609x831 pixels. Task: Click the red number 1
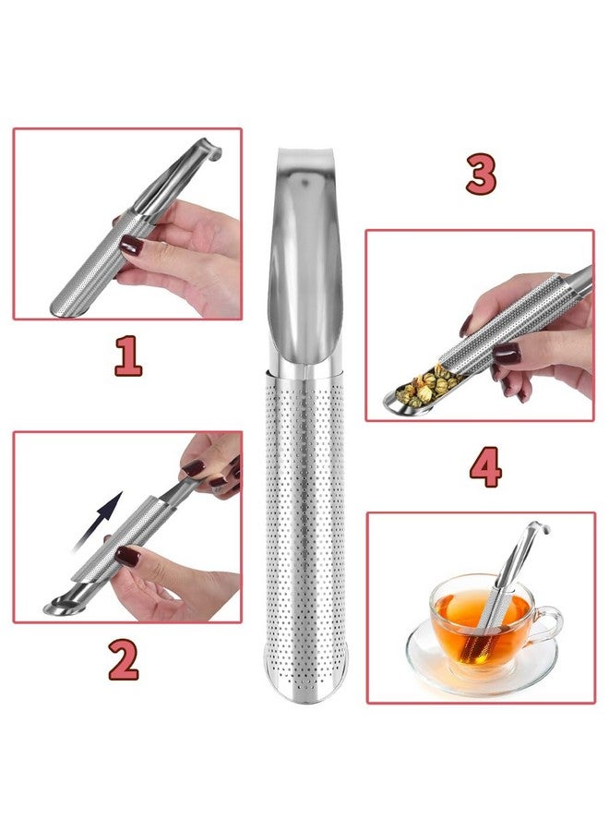[127, 356]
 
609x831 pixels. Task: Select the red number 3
[481, 175]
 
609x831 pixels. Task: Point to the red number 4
[485, 469]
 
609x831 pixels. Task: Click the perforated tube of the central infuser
[304, 517]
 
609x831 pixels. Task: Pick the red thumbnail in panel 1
[131, 246]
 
